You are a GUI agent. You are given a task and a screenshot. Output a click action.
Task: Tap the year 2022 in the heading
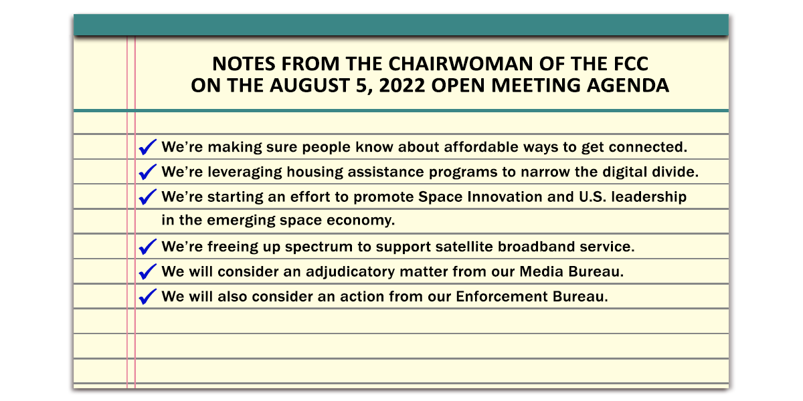pyautogui.click(x=402, y=86)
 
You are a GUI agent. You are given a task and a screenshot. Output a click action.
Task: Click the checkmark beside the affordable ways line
pyautogui.click(x=147, y=147)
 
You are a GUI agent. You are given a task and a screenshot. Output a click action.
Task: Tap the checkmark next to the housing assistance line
pyautogui.click(x=147, y=172)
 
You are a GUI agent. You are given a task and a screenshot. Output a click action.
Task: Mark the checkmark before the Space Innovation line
pyautogui.click(x=147, y=196)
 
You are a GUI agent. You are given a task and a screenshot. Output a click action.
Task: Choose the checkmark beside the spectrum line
pyautogui.click(x=147, y=247)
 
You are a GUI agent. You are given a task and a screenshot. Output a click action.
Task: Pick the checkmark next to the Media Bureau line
pyautogui.click(x=147, y=271)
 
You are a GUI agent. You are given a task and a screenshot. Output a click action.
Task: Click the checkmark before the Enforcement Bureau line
pyautogui.click(x=147, y=297)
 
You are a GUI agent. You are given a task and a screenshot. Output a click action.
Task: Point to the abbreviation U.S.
pyautogui.click(x=592, y=196)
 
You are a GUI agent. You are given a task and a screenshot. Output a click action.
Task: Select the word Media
pyautogui.click(x=541, y=271)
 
